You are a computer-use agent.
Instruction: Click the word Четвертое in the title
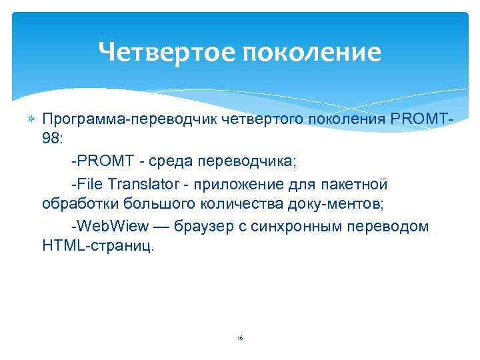pos(162,52)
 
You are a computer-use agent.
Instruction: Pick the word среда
pos(170,162)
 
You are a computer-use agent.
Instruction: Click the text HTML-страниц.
pos(98,246)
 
